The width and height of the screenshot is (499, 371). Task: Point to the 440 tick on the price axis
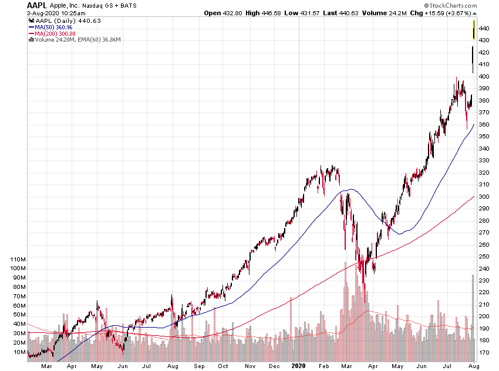coord(484,28)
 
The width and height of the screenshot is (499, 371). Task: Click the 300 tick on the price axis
coord(484,197)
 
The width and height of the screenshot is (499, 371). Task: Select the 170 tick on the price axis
coord(484,353)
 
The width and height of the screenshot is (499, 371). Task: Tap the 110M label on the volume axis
coord(18,259)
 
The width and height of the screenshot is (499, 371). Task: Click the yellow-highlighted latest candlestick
coord(474,30)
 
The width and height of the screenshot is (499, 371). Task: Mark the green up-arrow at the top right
coord(474,13)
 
